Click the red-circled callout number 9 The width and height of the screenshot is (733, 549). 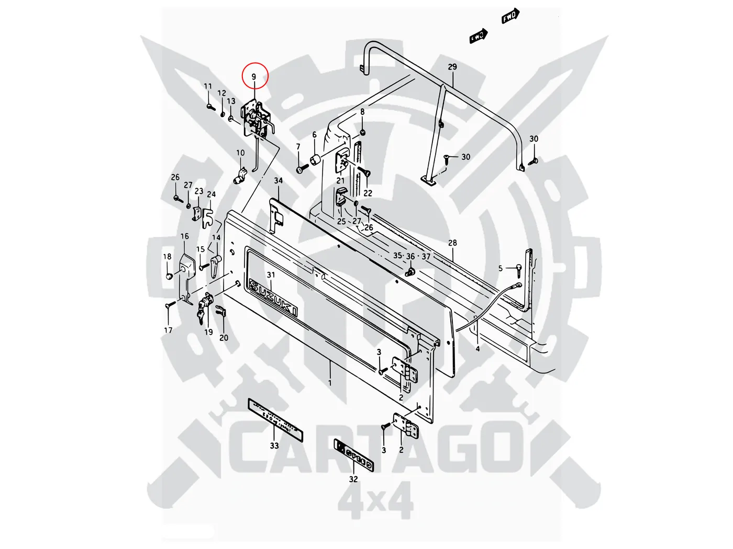pyautogui.click(x=254, y=76)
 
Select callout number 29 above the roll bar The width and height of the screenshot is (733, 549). pyautogui.click(x=452, y=67)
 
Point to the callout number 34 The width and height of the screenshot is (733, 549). pyautogui.click(x=279, y=181)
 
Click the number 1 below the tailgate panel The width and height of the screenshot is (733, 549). pyautogui.click(x=330, y=383)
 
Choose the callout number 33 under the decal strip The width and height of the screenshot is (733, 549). pyautogui.click(x=274, y=445)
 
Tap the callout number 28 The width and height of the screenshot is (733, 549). pyautogui.click(x=452, y=243)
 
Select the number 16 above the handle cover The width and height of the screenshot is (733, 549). pyautogui.click(x=185, y=236)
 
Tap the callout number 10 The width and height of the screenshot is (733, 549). pyautogui.click(x=240, y=153)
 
